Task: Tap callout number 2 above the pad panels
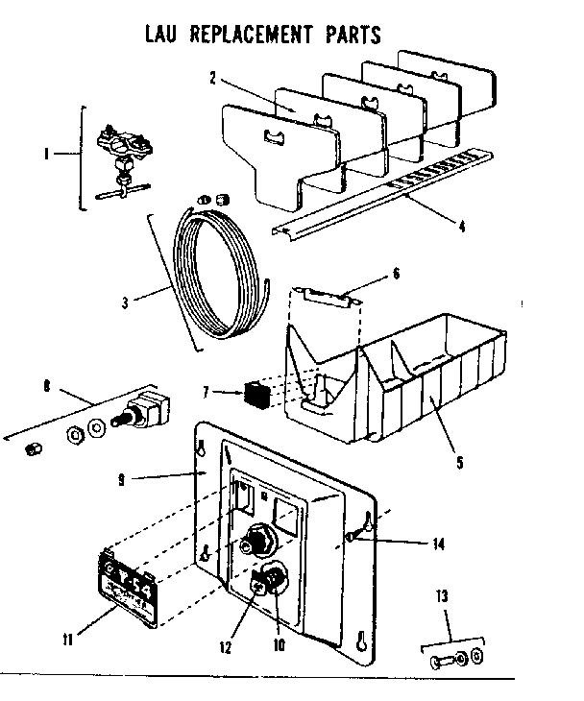click(212, 78)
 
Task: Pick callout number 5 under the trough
click(459, 462)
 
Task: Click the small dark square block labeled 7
click(255, 392)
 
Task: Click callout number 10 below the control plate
click(280, 646)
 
